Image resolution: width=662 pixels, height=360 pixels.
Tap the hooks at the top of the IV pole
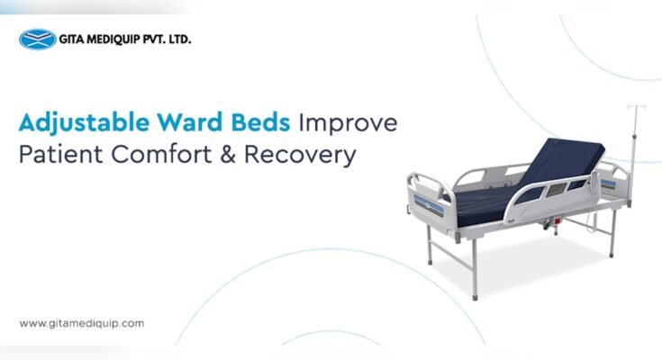point(632,110)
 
